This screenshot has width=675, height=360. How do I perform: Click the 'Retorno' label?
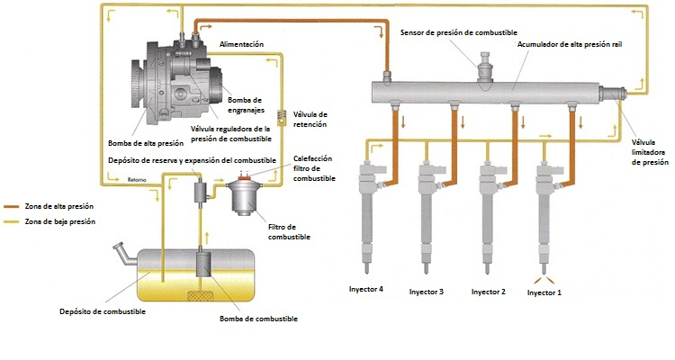coord(138,178)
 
